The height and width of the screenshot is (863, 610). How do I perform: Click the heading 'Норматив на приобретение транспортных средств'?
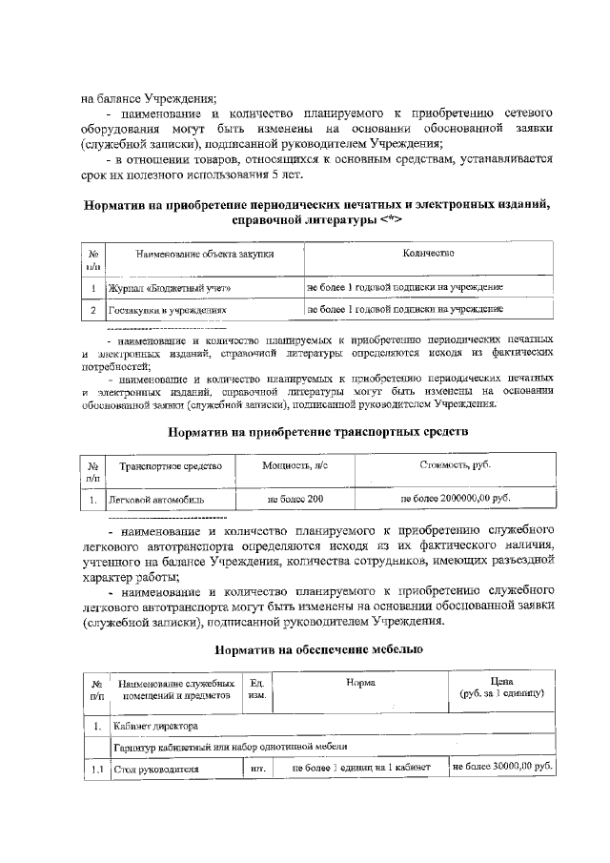tap(317, 432)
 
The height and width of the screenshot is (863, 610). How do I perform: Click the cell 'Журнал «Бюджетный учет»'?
tap(170, 287)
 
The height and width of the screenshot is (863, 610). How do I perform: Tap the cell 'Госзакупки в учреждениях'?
tap(168, 310)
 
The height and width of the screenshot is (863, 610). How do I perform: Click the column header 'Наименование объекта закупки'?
tap(205, 255)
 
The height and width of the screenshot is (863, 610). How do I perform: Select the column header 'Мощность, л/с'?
tap(295, 465)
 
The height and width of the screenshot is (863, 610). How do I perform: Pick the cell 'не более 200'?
tap(295, 499)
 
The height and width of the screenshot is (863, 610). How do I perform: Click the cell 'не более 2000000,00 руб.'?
tap(455, 498)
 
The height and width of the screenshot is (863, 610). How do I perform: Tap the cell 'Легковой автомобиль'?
tap(156, 499)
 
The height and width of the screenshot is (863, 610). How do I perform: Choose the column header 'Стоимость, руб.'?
tap(455, 464)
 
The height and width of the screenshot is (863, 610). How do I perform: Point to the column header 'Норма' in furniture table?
tap(360, 683)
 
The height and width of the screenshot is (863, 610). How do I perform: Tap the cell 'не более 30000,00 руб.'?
tap(501, 767)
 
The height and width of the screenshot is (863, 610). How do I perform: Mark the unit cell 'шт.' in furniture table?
tap(256, 768)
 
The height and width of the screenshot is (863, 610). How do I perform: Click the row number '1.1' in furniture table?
tap(96, 768)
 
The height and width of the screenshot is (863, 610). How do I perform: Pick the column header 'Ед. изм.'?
tap(256, 688)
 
